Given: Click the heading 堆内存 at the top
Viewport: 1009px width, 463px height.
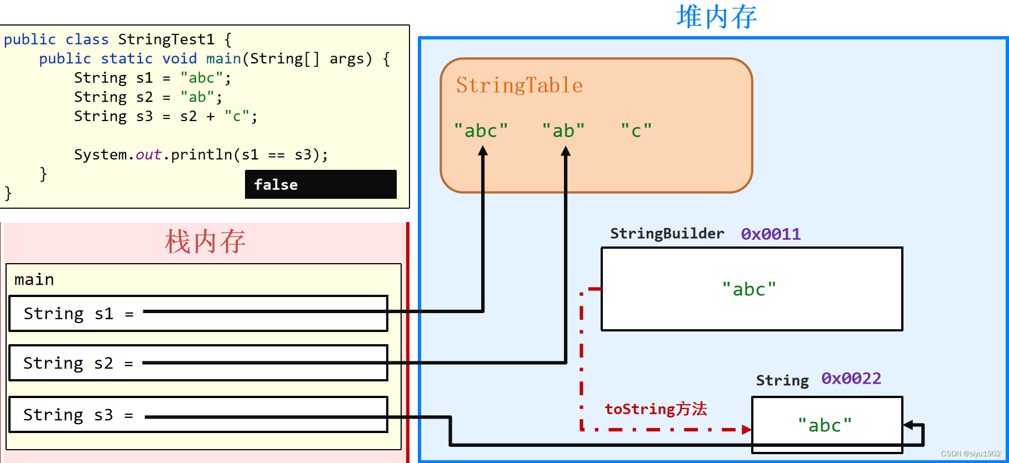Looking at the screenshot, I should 716,17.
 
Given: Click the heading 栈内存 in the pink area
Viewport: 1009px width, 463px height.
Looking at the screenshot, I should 205,241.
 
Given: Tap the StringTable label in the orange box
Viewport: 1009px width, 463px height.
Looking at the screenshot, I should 519,85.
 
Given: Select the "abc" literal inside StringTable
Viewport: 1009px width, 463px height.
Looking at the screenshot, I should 481,130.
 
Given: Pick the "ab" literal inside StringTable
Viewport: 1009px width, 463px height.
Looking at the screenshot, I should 563,130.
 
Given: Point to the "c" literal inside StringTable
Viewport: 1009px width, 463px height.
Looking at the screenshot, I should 636,130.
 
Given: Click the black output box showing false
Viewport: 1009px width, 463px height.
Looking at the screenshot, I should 321,184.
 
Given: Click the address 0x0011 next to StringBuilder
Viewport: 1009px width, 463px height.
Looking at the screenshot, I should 771,234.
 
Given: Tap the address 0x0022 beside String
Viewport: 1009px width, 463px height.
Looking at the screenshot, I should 851,379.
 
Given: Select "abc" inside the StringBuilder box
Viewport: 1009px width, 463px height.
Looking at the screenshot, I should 749,289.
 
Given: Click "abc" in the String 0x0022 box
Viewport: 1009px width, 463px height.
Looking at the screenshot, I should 825,425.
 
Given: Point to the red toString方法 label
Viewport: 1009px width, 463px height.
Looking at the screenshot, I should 656,409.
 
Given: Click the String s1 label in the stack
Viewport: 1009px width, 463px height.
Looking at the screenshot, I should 68,314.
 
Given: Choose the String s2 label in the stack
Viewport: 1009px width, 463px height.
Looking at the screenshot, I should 68,363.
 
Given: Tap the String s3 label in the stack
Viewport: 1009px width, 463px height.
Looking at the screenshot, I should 68,415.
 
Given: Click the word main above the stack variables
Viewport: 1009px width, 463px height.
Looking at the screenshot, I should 34,279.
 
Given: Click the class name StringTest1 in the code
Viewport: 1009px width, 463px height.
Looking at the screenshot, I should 166,39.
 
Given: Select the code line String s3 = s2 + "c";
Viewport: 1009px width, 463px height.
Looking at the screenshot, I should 166,116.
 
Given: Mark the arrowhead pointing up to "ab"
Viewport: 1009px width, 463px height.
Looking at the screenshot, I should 566,151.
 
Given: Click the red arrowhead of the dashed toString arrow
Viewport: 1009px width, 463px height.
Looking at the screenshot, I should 747,429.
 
